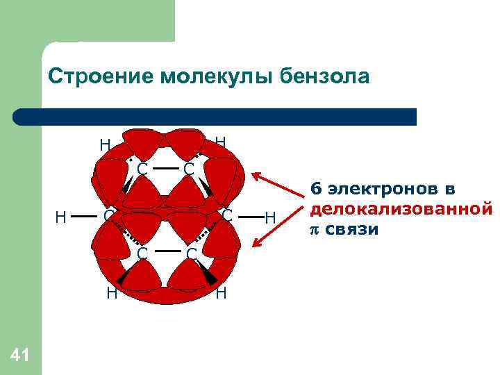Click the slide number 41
coord(20,356)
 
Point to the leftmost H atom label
coord(61,217)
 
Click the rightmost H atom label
coord(271,218)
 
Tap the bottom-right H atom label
coord(221,292)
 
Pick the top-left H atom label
coord(105,144)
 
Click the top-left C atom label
coord(142,169)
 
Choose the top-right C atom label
coord(188,169)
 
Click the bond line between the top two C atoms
coord(165,168)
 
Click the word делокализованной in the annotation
coord(401,208)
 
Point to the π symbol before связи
coord(315,228)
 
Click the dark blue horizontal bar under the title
coord(215,117)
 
